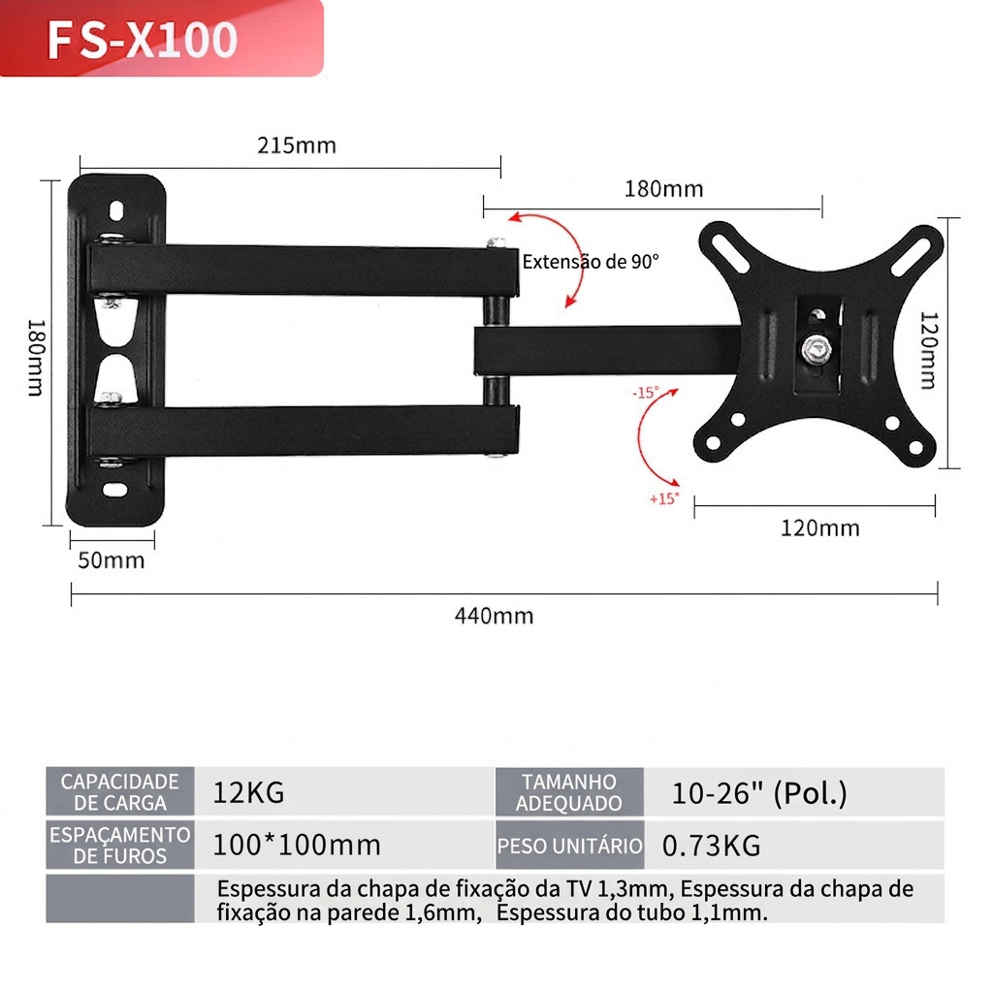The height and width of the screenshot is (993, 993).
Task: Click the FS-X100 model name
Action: [x=143, y=40]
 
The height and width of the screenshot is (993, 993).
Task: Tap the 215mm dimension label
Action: [x=297, y=145]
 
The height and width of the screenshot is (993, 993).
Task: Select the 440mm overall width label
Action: [x=494, y=616]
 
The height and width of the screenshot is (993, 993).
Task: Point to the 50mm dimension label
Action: [x=112, y=561]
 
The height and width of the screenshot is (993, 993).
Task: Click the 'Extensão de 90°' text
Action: [x=591, y=262]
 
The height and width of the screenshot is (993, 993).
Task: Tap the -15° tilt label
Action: [x=645, y=393]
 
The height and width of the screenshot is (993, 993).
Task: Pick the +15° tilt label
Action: [x=663, y=499]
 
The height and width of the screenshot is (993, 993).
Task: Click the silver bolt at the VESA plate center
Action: [x=817, y=349]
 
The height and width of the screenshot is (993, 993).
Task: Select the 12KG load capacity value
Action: [x=248, y=793]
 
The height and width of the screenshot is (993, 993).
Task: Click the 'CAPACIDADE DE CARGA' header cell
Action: [x=119, y=791]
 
